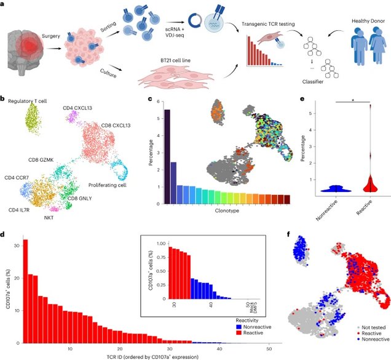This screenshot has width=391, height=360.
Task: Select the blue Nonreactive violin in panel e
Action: (x=333, y=188)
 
